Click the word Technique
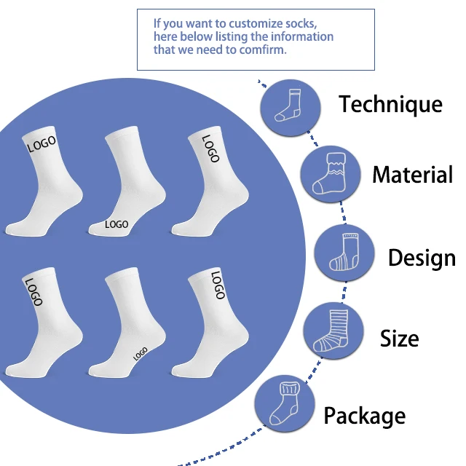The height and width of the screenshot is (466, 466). pyautogui.click(x=390, y=104)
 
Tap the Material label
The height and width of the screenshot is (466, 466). pyautogui.click(x=412, y=175)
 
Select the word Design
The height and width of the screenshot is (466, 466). pyautogui.click(x=422, y=258)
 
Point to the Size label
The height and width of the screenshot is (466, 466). pyautogui.click(x=400, y=339)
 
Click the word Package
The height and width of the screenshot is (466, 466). pyautogui.click(x=364, y=416)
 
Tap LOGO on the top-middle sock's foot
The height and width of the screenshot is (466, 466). pyautogui.click(x=116, y=224)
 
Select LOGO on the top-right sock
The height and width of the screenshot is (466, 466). pyautogui.click(x=210, y=148)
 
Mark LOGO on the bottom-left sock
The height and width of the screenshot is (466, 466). pyautogui.click(x=33, y=291)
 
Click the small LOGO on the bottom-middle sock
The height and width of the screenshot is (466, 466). pyautogui.click(x=140, y=354)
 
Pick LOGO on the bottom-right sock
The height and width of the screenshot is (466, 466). pyautogui.click(x=217, y=285)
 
